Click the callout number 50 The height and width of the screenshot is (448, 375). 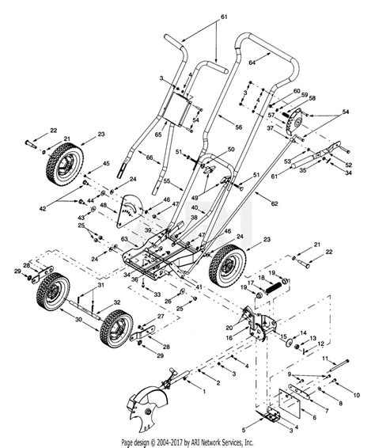point(232,150)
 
